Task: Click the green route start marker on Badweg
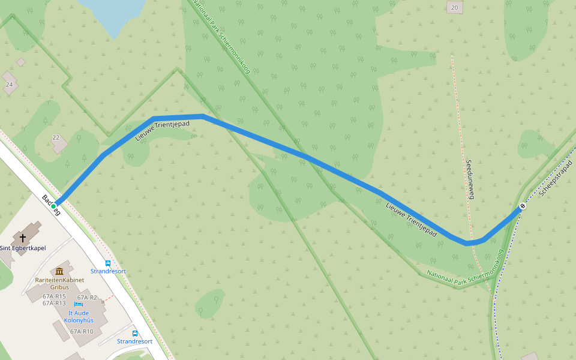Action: (53, 206)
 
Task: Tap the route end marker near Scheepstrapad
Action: (523, 207)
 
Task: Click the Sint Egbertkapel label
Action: (22, 248)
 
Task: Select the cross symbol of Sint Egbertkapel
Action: (23, 238)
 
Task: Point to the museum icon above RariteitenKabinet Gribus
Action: (59, 271)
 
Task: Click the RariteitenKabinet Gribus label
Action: (59, 283)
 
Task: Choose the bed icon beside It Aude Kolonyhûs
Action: (78, 305)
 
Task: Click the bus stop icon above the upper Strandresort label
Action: (108, 263)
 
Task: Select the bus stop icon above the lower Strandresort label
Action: (134, 333)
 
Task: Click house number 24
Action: (9, 85)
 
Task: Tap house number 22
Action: (56, 137)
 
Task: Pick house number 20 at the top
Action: (454, 7)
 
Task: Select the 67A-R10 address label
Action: (82, 331)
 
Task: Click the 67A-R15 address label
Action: (54, 296)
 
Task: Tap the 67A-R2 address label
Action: (87, 298)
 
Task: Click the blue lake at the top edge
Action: (114, 9)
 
